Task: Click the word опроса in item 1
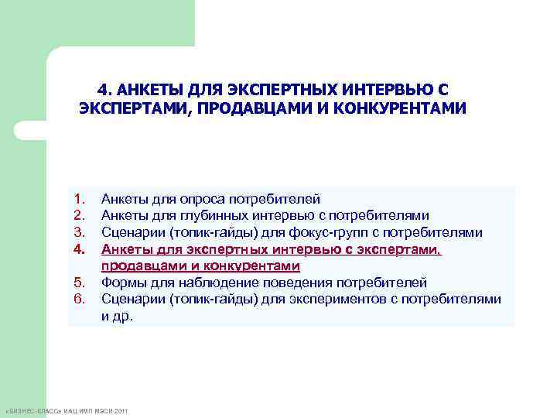coord(195,199)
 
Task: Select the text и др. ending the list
coord(117,316)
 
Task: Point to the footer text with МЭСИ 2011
coord(70,409)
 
